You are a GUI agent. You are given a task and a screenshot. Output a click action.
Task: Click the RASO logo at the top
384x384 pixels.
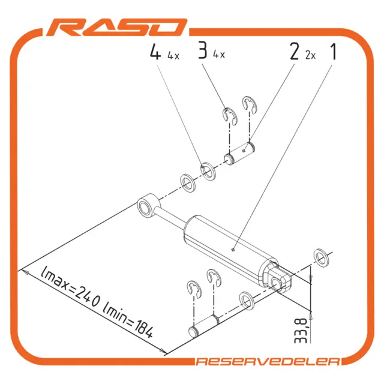[x=117, y=27]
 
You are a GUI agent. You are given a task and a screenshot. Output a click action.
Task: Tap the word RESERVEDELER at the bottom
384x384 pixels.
[x=268, y=361]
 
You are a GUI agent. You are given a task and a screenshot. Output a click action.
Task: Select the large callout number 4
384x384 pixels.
[x=155, y=52]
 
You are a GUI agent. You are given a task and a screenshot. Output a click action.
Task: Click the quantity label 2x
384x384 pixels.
[x=310, y=56]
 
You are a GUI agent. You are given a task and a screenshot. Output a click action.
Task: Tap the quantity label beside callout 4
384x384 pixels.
[x=173, y=56]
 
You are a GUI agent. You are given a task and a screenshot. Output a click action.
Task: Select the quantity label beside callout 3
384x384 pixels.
[x=218, y=54]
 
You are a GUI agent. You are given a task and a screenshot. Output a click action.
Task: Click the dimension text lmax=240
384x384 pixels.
[x=71, y=287]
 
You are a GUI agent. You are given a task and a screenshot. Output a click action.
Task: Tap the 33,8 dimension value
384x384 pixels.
[x=301, y=331]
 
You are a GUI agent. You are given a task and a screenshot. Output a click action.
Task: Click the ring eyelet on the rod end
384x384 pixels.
[x=148, y=205]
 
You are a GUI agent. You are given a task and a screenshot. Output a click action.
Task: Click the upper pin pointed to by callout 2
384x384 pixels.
[x=240, y=154]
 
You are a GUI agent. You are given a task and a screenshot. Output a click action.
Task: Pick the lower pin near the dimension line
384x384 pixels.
[x=204, y=326]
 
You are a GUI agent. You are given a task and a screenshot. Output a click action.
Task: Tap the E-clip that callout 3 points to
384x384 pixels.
[x=230, y=115]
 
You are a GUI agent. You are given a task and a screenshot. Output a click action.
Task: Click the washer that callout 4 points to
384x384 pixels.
[x=208, y=171]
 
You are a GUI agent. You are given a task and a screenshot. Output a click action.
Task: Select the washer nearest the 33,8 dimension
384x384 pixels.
[x=322, y=257]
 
